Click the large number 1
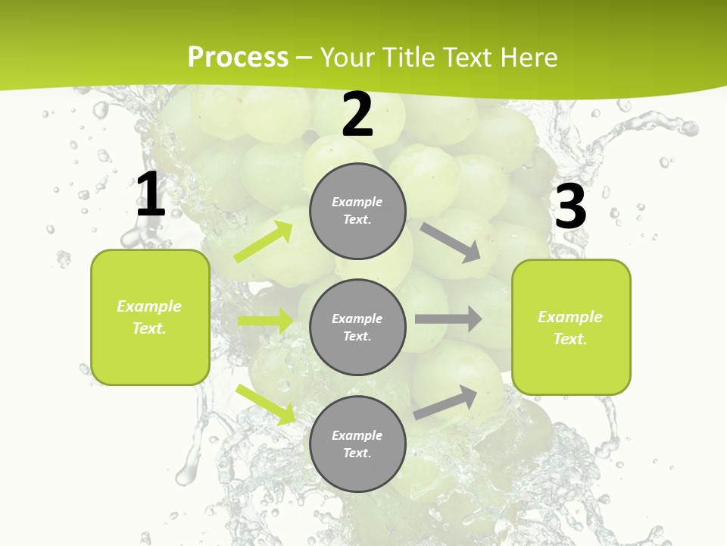[x=151, y=195]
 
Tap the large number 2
[x=357, y=115]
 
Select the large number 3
[x=570, y=206]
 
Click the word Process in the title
[x=238, y=57]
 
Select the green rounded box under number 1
[x=150, y=317]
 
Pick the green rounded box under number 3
[x=571, y=327]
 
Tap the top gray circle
[x=357, y=211]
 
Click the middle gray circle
[x=357, y=327]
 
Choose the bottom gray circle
[x=357, y=444]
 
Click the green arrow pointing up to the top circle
[x=264, y=242]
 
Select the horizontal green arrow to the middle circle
[x=265, y=321]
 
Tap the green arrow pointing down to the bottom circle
[x=266, y=403]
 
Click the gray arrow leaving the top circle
[x=451, y=242]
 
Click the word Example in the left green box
[x=149, y=306]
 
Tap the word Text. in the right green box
[x=570, y=339]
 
